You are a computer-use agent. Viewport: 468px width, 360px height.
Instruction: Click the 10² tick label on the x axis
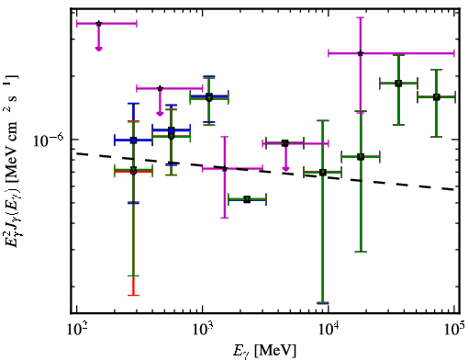(x=76, y=330)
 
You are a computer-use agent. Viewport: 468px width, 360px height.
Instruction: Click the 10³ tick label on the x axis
(x=203, y=330)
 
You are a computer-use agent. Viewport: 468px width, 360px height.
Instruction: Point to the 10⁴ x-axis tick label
(x=329, y=330)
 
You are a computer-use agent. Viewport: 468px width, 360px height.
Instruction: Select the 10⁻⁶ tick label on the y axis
(x=49, y=141)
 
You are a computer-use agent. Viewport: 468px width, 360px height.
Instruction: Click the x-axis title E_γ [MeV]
(x=264, y=351)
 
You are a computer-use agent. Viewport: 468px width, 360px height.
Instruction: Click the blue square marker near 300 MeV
(x=133, y=141)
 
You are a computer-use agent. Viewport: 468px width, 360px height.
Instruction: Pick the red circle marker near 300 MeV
(x=133, y=172)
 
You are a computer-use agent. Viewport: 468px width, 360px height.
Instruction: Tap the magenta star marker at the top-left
(x=98, y=24)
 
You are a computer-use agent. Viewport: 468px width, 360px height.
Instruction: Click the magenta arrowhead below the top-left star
(x=98, y=49)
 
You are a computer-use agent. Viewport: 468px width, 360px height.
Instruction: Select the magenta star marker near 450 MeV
(x=160, y=88)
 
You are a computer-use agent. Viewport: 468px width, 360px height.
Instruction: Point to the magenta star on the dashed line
(x=225, y=168)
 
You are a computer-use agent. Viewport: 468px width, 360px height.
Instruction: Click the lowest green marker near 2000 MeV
(x=247, y=199)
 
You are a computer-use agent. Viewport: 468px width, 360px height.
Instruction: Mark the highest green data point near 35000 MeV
(x=398, y=84)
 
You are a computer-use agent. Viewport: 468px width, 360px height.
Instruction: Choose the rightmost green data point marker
(x=437, y=97)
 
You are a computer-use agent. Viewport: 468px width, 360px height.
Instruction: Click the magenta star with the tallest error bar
(x=361, y=53)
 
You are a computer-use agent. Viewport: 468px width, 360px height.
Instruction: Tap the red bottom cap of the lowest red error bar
(x=133, y=295)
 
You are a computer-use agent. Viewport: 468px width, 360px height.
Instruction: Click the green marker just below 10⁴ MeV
(x=322, y=173)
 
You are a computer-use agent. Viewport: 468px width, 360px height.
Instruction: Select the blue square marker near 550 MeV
(x=172, y=130)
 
